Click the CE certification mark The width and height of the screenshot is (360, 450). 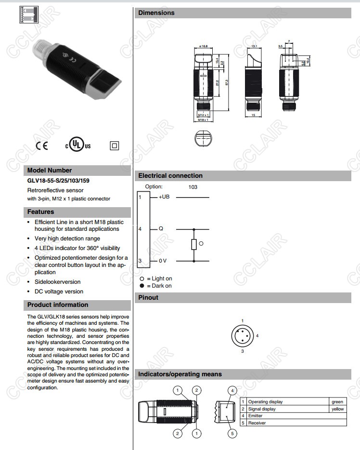tap(42, 146)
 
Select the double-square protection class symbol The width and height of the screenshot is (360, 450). tap(114, 146)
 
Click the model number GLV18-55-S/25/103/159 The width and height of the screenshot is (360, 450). tap(58, 181)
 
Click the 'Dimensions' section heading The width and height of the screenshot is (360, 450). tap(156, 13)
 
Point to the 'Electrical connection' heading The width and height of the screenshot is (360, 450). tap(170, 176)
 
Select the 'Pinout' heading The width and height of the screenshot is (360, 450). tap(148, 298)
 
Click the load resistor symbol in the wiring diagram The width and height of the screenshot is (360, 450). tap(194, 244)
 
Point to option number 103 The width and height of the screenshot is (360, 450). tap(193, 187)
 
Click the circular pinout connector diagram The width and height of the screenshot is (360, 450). tap(243, 335)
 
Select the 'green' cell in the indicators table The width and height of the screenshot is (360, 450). tap(337, 402)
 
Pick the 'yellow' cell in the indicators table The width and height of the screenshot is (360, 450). tap(337, 409)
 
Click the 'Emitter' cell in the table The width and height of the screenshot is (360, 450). tap(256, 416)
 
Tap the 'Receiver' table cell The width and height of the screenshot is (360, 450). tap(257, 423)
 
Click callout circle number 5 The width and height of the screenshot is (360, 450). tap(232, 434)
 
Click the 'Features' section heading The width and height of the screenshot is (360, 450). tap(40, 212)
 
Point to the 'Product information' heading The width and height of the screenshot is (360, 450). tap(58, 305)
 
